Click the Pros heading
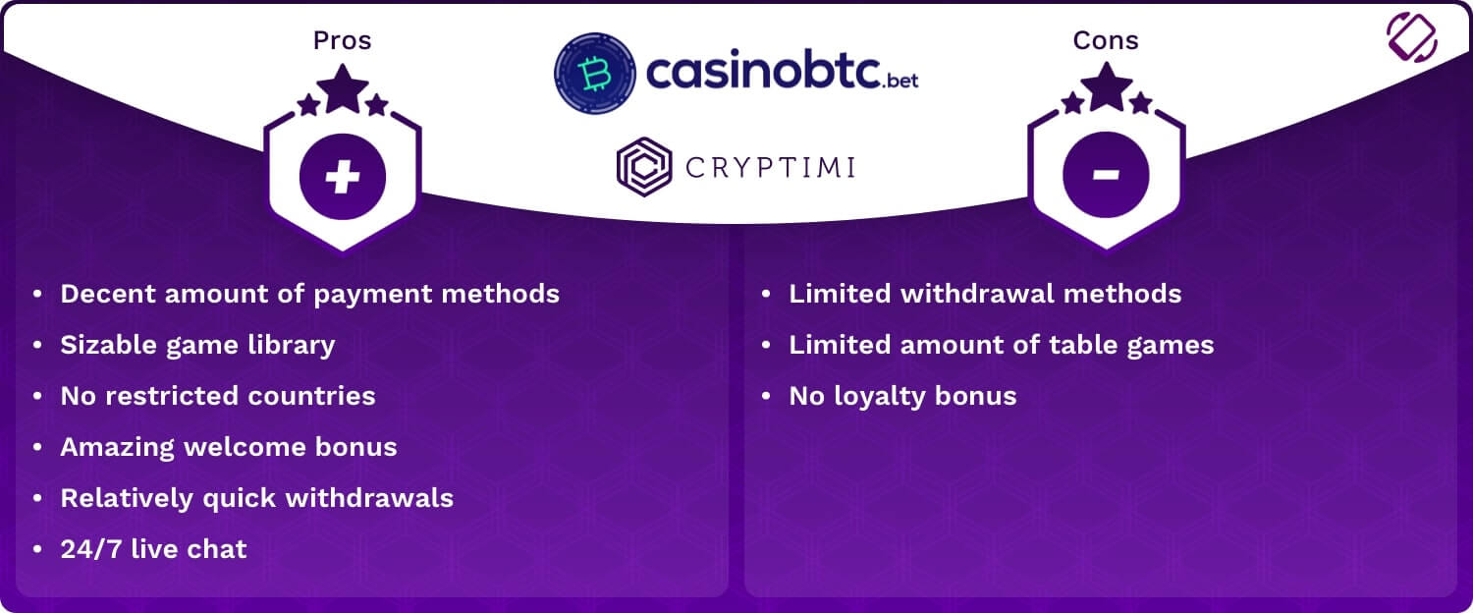coord(342,41)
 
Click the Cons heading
coord(1106,41)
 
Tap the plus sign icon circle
coord(343,176)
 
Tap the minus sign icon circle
coord(1106,174)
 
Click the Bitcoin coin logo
coord(595,73)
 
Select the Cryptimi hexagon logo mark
coord(644,167)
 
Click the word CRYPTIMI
coord(770,168)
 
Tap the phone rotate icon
coord(1412,37)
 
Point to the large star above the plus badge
coord(343,88)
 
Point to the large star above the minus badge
coord(1107,86)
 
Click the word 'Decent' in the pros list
coord(108,294)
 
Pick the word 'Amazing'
coord(117,448)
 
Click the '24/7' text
coord(90,549)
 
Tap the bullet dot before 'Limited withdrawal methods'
coord(765,294)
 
